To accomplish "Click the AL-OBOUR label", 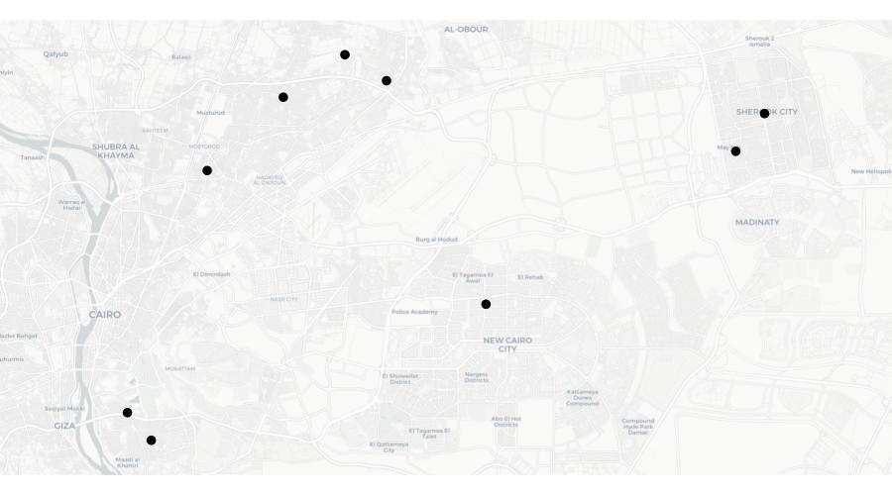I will point(466,30).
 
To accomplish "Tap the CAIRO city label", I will point(105,315).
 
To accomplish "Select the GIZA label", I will point(64,426).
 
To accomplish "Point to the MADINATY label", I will point(757,223).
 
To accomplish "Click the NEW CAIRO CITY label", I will point(507,345).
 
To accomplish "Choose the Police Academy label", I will point(414,312).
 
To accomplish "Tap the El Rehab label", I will point(530,277).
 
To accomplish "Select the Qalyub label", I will point(56,53).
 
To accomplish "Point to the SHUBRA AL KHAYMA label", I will point(116,150).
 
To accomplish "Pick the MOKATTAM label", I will point(179,368).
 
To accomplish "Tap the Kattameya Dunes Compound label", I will point(583,397).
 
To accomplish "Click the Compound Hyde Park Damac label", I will point(638,427).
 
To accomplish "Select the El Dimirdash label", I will point(211,274).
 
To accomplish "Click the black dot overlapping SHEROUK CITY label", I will point(764,114).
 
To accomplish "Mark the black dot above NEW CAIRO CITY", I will point(486,304).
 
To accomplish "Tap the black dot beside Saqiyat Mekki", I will point(127,413).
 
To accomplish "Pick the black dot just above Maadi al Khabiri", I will point(151,441).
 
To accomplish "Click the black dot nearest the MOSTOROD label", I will point(207,171).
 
